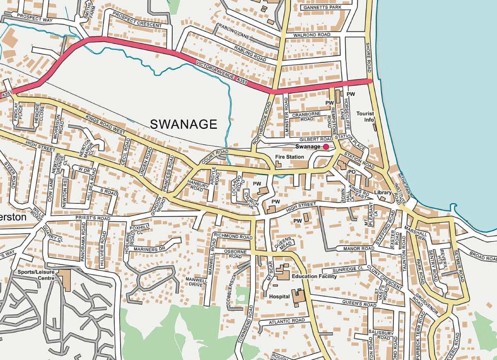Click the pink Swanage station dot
(326, 147)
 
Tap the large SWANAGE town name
(183, 124)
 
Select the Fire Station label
(290, 157)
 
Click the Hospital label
(279, 297)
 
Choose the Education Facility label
(314, 276)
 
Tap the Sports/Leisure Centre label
(36, 275)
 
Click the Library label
(383, 193)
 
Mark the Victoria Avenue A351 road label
(222, 73)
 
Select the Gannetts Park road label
(322, 7)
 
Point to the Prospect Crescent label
(137, 19)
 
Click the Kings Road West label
(105, 125)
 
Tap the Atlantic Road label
(287, 321)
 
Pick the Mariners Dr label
(150, 249)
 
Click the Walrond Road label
(312, 35)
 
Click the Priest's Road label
(93, 218)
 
